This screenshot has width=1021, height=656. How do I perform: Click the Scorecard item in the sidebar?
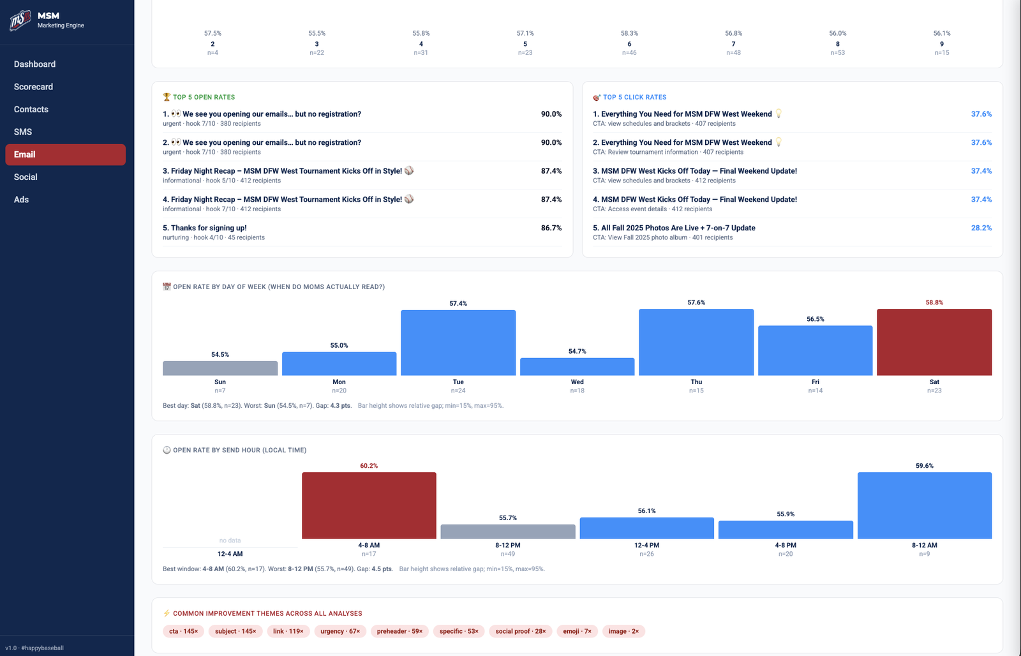click(x=33, y=87)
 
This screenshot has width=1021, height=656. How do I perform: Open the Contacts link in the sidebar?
click(x=31, y=109)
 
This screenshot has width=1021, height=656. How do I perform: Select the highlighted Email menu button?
click(x=65, y=154)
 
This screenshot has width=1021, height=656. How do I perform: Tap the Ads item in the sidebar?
click(x=21, y=200)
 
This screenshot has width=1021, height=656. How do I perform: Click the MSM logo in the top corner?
click(x=20, y=20)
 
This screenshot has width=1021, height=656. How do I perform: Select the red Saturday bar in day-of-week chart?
click(x=934, y=343)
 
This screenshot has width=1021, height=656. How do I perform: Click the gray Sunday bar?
click(x=220, y=368)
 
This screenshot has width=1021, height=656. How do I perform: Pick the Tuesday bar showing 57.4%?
click(x=458, y=343)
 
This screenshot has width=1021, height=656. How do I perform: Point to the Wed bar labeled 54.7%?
click(x=577, y=366)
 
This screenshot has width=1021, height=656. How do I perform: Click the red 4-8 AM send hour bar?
click(x=369, y=505)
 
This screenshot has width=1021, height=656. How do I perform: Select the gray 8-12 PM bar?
click(x=507, y=532)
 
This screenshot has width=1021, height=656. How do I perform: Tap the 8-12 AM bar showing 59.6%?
click(x=924, y=505)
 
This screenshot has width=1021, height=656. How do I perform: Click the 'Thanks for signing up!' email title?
click(x=208, y=228)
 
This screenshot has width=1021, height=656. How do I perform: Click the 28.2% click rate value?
click(x=981, y=228)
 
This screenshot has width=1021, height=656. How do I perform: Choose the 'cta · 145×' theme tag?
click(x=183, y=631)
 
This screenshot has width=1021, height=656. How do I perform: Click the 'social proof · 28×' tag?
click(x=520, y=631)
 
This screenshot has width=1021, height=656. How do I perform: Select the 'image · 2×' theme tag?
click(x=623, y=631)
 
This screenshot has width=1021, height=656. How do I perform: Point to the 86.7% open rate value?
click(x=551, y=228)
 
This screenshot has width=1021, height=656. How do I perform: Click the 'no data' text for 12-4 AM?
click(x=230, y=540)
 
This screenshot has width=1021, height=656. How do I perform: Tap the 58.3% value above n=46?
click(x=629, y=33)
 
